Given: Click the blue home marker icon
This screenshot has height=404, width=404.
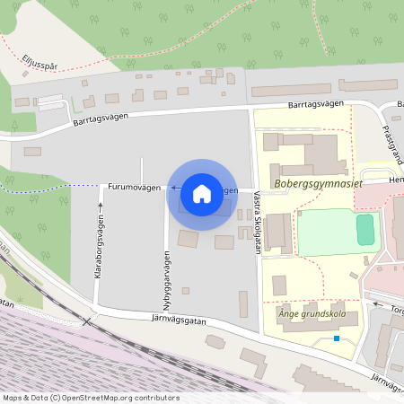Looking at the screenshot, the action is coord(202,194).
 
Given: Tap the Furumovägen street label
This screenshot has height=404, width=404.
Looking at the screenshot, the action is coord(134,188).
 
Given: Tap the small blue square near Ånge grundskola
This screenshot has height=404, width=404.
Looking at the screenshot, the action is coord(337,338).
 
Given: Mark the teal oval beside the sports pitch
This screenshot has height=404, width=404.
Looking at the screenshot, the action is coord(364,229).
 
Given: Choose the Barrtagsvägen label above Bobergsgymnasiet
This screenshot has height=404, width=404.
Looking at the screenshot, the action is coord(316,105).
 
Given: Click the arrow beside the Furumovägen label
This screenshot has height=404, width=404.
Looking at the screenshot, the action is coord(171,188).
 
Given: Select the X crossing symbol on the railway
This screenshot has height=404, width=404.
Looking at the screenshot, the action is coord(86,320).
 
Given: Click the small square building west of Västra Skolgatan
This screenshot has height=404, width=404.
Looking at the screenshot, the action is coord(186,290).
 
